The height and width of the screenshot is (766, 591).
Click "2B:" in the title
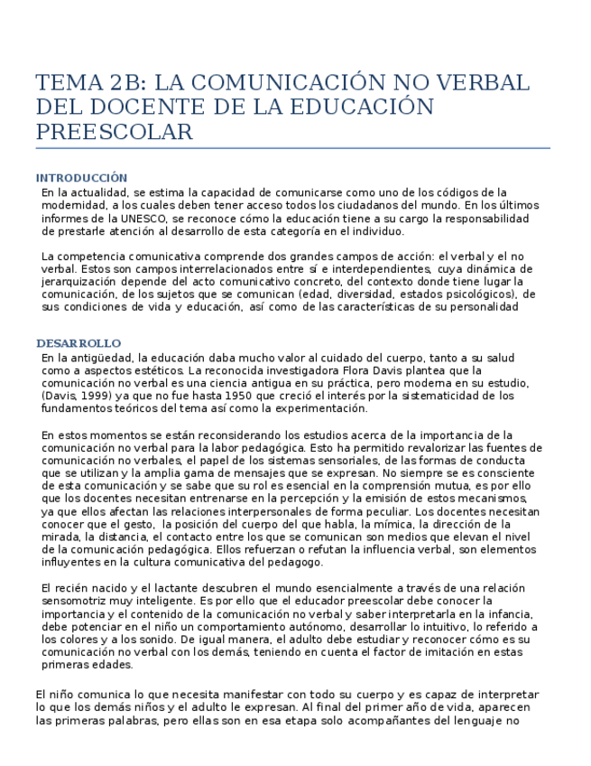coord(129,83)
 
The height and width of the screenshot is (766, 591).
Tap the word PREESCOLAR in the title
coord(115,133)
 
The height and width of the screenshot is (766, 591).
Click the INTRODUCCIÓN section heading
coord(81,178)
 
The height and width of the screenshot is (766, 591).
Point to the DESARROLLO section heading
coord(78,344)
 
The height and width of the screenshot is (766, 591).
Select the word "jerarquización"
coord(80,282)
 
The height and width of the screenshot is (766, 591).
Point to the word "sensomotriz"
coord(76,601)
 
